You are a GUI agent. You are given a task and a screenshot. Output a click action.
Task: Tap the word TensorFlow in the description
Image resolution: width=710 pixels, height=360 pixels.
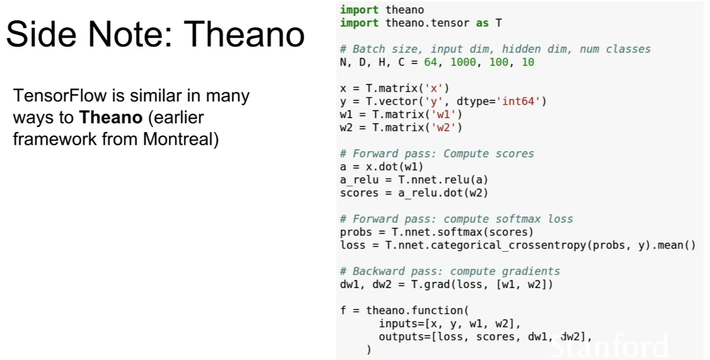pos(60,95)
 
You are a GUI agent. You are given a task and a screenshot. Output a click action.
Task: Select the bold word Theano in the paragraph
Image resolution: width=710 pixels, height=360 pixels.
pos(111,118)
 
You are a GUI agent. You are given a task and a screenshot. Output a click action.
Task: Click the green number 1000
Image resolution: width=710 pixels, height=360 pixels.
pos(463,62)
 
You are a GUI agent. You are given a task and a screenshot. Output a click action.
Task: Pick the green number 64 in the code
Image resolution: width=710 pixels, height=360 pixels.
pos(431,62)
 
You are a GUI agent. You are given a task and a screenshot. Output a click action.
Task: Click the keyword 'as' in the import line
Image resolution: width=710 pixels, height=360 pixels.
pos(482,23)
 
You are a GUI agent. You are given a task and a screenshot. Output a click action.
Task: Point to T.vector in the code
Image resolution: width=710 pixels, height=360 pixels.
pos(392,101)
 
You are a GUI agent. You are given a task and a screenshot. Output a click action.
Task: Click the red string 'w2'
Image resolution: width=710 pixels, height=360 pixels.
pos(444,128)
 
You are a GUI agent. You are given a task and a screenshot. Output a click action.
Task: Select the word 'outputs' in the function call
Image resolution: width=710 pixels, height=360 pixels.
pos(401,337)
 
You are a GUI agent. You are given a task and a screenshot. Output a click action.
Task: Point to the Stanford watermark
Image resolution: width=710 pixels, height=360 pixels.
pos(609,346)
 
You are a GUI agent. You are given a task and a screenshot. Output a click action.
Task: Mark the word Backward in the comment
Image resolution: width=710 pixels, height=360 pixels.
pos(378,271)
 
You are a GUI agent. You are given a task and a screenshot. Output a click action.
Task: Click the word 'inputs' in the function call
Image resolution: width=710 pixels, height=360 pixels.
pos(398,324)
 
